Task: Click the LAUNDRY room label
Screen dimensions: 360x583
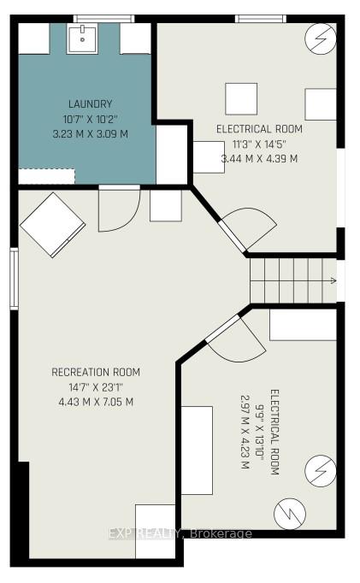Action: [91, 103]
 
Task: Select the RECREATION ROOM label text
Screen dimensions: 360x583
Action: [96, 372]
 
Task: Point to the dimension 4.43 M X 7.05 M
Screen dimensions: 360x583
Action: [96, 402]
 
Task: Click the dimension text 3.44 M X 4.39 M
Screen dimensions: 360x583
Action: [260, 159]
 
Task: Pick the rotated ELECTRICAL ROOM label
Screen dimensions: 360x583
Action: [274, 432]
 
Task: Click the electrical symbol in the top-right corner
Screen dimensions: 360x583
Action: [321, 39]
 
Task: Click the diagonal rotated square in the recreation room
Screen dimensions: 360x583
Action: [53, 225]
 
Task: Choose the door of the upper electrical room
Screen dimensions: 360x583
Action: [247, 228]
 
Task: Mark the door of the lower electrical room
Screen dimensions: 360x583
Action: [236, 339]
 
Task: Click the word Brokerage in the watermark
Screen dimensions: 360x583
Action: [221, 534]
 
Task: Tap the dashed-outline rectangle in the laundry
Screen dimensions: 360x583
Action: [47, 177]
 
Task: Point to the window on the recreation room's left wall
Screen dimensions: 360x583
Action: [15, 279]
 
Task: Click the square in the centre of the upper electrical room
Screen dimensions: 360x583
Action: [241, 99]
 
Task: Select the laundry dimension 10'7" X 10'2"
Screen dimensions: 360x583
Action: [91, 119]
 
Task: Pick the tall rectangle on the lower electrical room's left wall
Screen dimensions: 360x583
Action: [198, 450]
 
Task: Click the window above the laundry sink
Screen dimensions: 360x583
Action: [103, 19]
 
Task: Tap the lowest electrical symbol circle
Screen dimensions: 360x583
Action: [290, 514]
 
